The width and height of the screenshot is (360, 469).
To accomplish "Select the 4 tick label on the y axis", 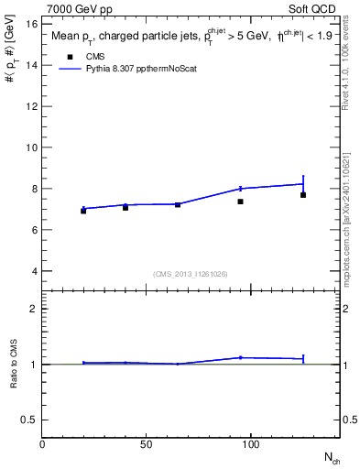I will [34, 271].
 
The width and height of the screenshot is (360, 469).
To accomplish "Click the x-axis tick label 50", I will [147, 444].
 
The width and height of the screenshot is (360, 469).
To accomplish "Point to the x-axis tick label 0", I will [42, 444].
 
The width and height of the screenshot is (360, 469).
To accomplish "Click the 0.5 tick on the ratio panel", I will [29, 420].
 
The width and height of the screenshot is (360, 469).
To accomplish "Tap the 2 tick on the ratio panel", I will [34, 309].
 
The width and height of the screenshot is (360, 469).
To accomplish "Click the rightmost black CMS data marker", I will [303, 195].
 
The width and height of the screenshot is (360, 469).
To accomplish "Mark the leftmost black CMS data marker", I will [83, 211].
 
